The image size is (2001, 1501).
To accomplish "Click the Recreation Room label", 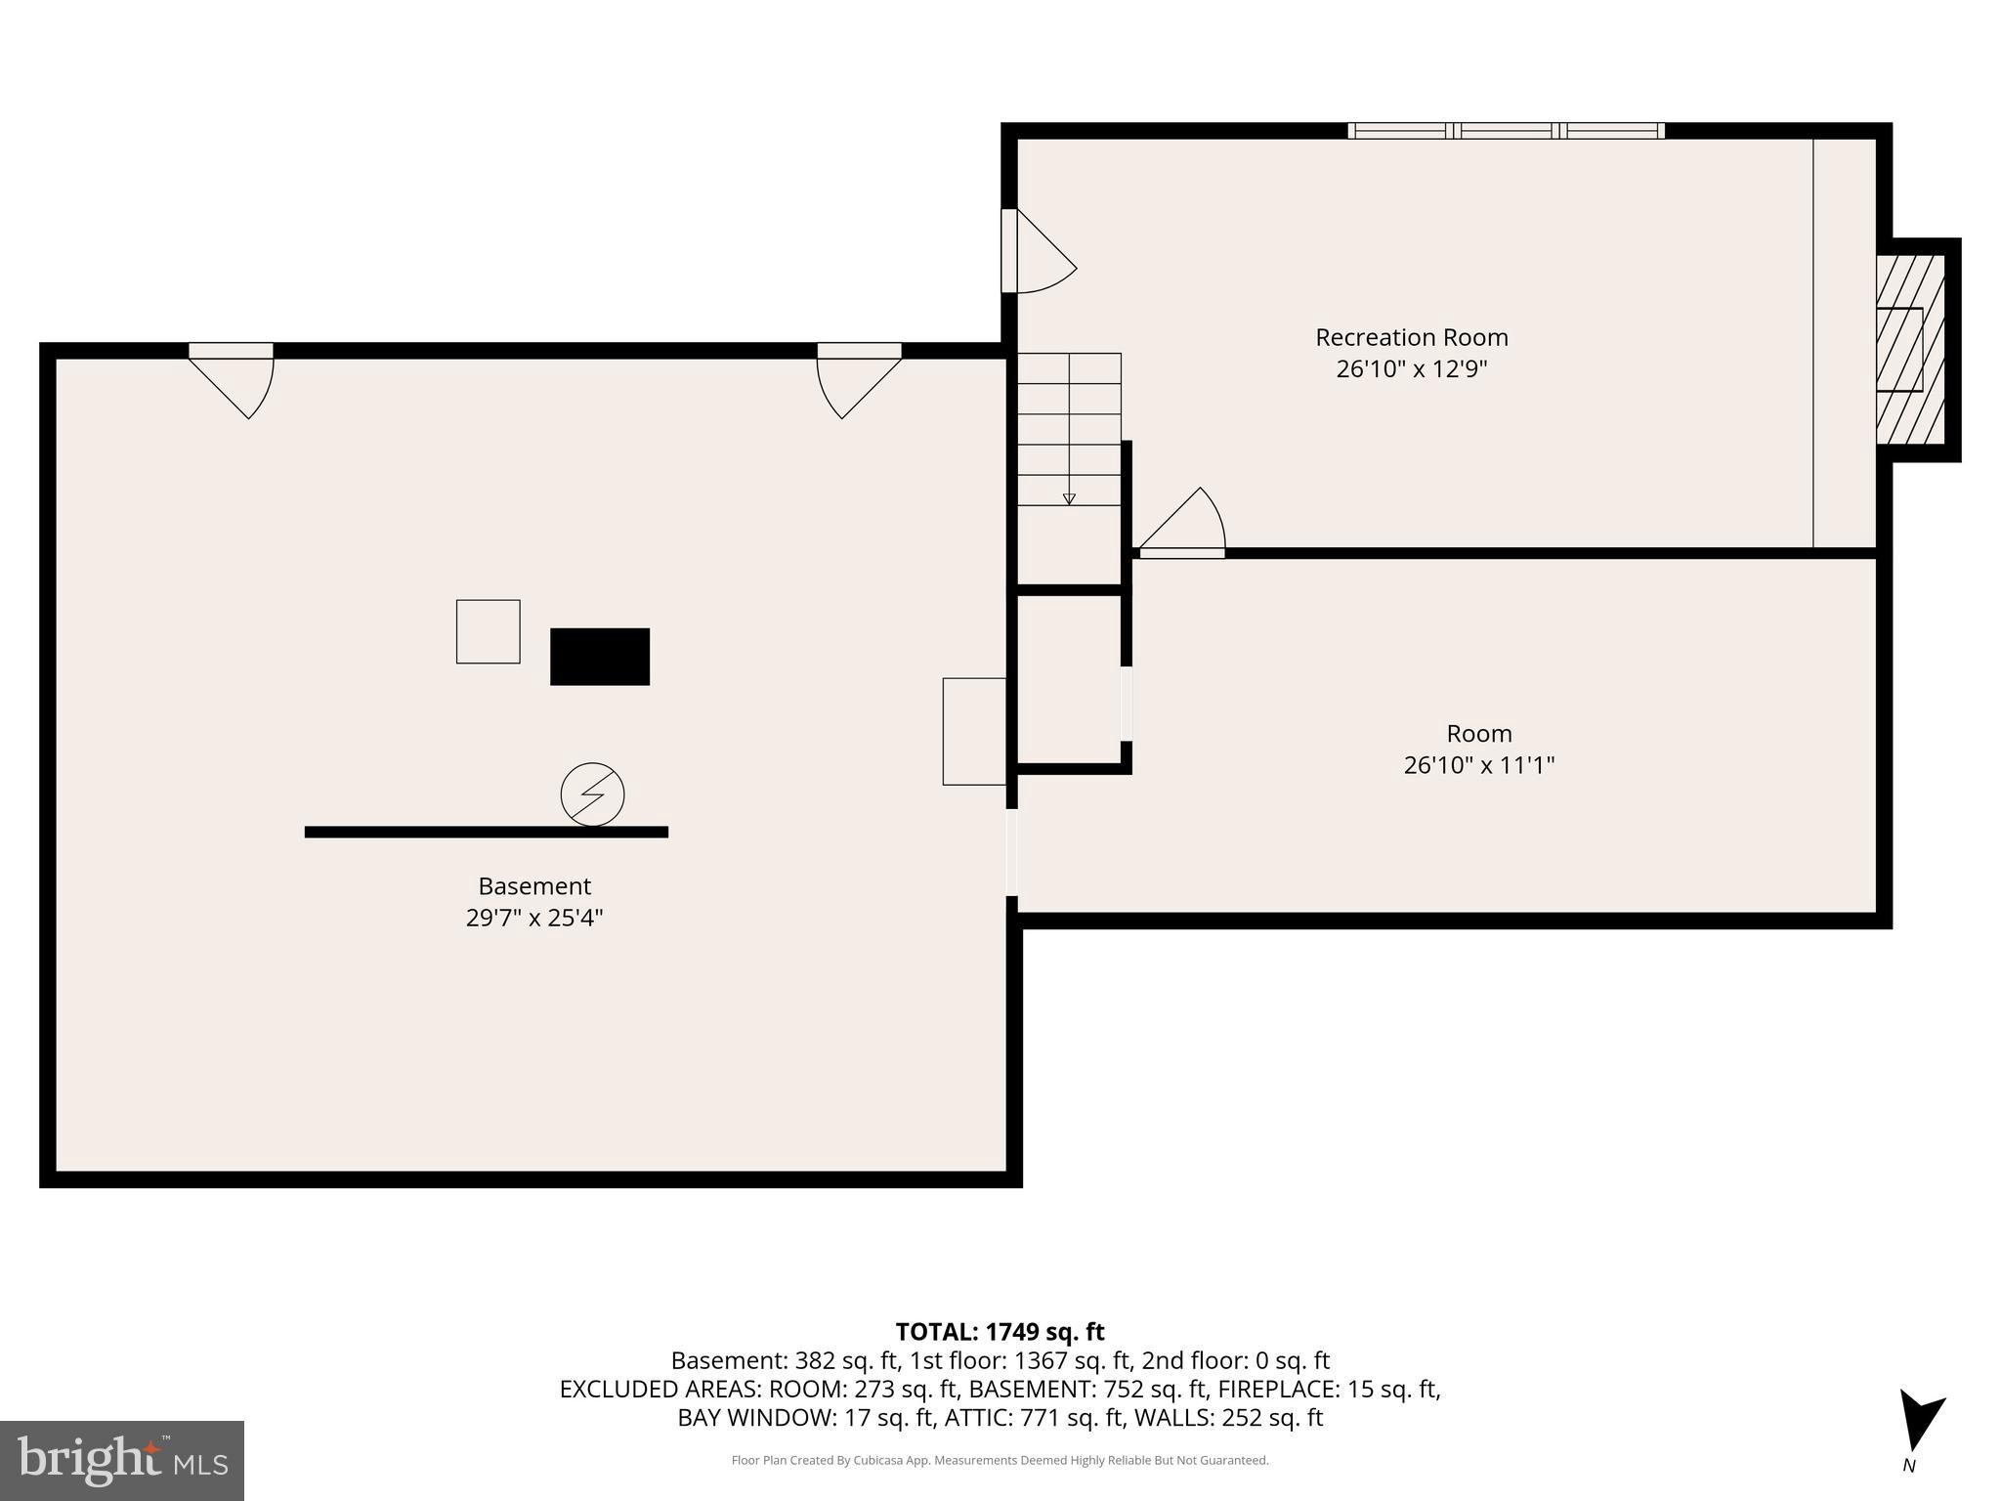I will [1411, 337].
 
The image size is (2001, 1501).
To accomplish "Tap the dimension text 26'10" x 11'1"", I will [1478, 765].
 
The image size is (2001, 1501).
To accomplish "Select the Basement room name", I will [534, 886].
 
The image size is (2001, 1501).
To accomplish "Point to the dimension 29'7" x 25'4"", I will [534, 918].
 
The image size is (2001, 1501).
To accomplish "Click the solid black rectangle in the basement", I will [600, 657].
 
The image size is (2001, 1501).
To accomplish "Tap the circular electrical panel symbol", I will [592, 793].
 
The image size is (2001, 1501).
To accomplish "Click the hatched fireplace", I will [1910, 350].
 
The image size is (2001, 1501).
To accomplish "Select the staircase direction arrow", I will [1069, 498].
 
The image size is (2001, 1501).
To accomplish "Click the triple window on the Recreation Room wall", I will [1506, 131].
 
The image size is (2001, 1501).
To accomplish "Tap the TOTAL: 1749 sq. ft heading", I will [1000, 1332].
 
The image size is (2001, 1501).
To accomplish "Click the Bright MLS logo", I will [121, 1460].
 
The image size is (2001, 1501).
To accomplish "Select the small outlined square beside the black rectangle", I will [488, 631].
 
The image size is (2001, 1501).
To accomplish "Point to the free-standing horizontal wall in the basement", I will [486, 833].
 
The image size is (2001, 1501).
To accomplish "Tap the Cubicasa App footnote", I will [1000, 1461].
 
